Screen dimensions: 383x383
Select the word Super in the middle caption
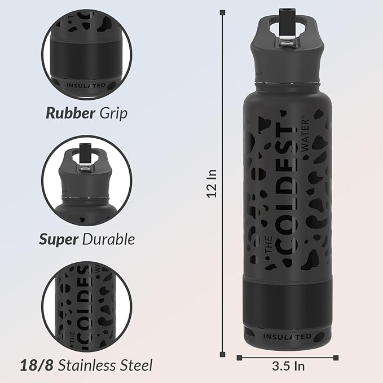59,239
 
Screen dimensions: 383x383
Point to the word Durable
108,239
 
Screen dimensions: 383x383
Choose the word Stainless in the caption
87,365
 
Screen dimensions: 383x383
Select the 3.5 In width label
288,366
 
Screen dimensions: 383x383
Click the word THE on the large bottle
269,244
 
